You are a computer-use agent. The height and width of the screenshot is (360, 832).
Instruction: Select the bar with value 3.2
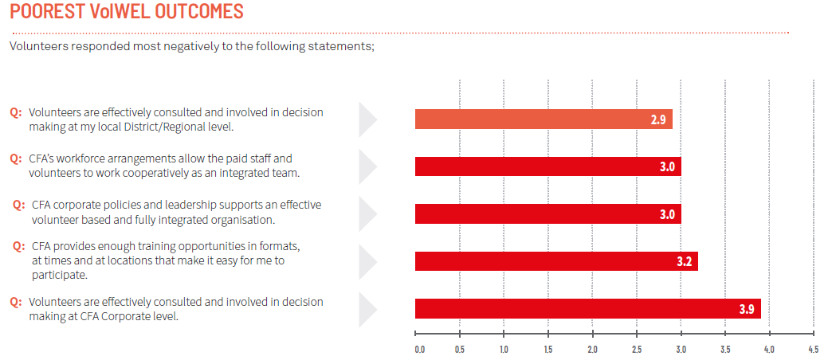(556, 261)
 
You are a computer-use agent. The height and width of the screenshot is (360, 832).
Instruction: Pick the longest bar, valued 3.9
(587, 308)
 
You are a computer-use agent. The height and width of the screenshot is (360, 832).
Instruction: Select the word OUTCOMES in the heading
(194, 13)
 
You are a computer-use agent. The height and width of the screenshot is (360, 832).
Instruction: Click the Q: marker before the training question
(19, 245)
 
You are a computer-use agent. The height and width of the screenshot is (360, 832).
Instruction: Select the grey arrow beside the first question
(367, 119)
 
